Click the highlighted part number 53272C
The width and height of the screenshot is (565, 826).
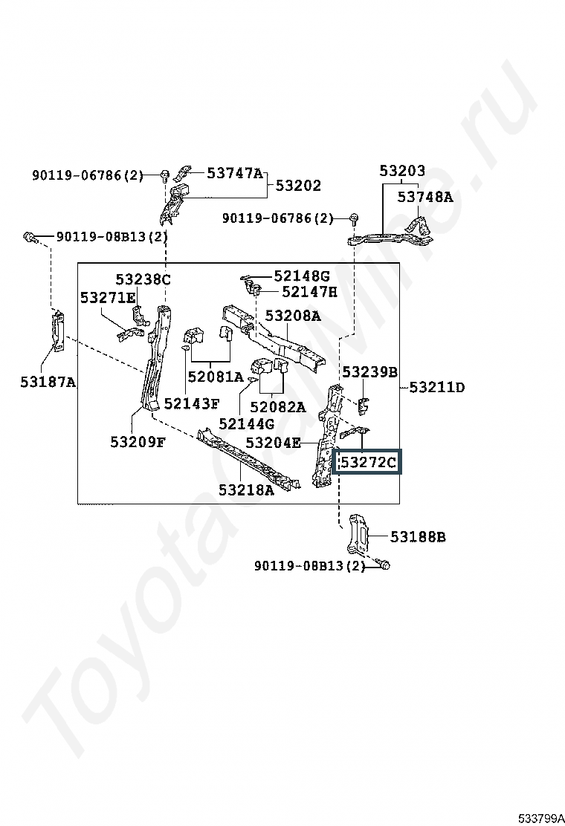[369, 463]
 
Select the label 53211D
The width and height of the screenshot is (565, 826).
[437, 388]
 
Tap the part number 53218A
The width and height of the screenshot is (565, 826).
[247, 490]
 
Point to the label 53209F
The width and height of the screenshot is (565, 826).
[138, 442]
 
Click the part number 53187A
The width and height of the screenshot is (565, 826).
[48, 381]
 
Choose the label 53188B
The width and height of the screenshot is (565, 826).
[418, 537]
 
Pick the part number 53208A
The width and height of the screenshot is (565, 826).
[292, 316]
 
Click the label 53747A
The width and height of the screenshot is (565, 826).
[234, 173]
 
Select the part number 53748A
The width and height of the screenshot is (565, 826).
[424, 197]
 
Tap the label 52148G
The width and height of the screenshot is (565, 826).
[302, 276]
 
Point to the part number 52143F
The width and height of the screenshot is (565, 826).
[192, 403]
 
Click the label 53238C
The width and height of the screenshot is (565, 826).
[143, 279]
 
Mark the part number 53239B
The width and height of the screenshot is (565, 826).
[370, 372]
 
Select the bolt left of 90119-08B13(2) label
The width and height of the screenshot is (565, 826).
[30, 237]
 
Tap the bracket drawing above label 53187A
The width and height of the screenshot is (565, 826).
[57, 331]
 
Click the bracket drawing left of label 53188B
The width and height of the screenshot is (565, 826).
[358, 535]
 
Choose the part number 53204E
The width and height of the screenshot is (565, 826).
[273, 443]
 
